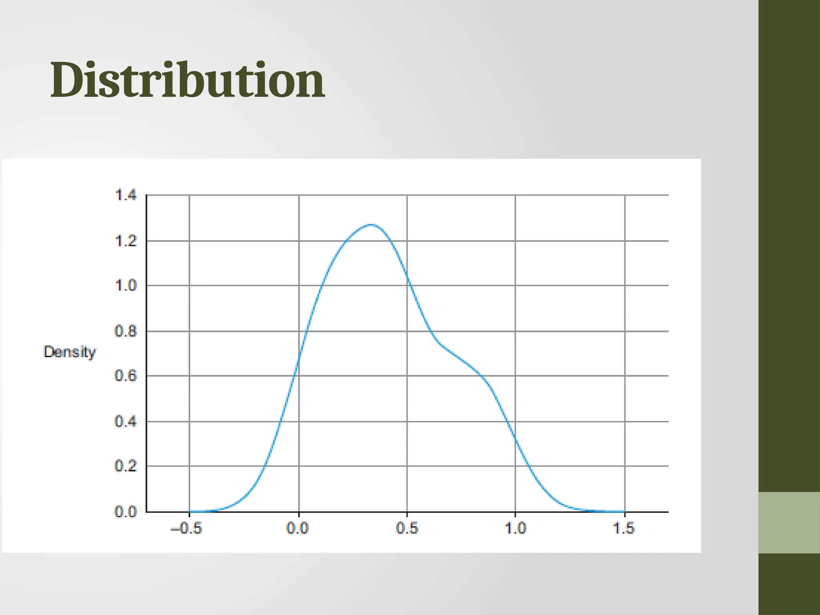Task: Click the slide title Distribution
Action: (187, 80)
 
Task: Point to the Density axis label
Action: (70, 352)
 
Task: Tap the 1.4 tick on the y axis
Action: (126, 195)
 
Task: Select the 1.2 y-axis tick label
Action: (126, 241)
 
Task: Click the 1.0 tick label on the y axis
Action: (126, 286)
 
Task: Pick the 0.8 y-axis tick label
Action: (126, 332)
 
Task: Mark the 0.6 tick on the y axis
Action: (126, 376)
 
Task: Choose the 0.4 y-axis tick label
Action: (126, 422)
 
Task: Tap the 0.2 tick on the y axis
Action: (126, 466)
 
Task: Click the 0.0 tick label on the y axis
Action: (126, 512)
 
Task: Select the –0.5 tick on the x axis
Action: (187, 529)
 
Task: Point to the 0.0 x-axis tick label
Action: (297, 529)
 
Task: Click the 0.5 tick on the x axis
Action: (407, 529)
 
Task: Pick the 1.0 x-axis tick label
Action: (515, 529)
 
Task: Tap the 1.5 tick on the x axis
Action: (624, 529)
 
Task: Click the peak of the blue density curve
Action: (372, 225)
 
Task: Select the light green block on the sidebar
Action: (789, 523)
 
